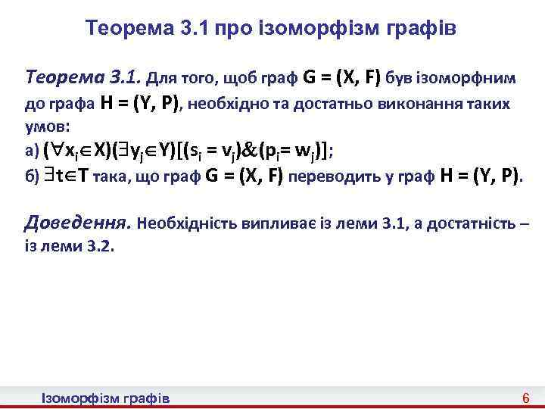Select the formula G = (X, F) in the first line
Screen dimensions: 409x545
(342, 76)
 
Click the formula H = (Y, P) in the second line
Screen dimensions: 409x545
(140, 104)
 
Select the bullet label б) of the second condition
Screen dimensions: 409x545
(32, 176)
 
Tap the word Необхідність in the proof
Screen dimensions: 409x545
(187, 225)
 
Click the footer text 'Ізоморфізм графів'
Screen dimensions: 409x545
(105, 398)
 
